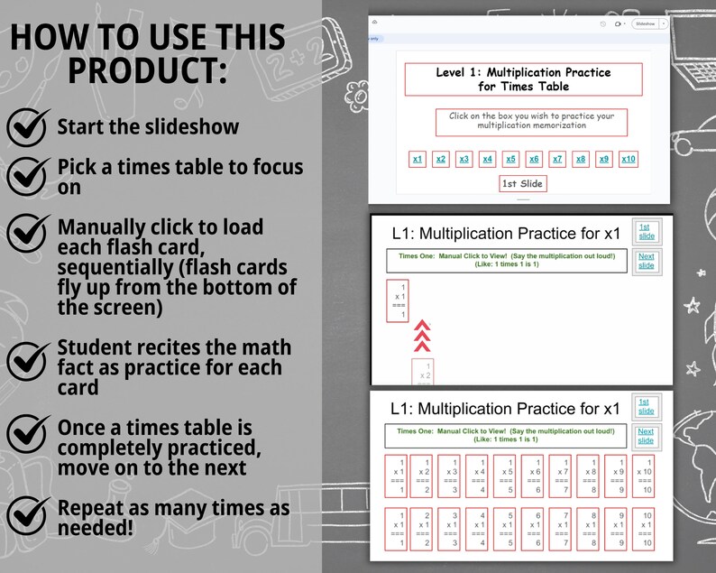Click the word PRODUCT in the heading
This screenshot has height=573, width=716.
point(148,70)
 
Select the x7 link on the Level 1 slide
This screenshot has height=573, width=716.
point(557,160)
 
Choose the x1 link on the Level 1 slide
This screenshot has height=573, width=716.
point(418,160)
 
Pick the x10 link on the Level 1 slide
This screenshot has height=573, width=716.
point(629,160)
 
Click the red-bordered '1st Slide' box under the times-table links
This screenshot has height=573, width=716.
point(523,184)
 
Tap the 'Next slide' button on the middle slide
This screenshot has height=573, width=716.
point(646,261)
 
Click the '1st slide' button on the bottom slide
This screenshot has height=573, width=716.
point(646,407)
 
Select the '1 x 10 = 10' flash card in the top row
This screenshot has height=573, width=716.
point(645,476)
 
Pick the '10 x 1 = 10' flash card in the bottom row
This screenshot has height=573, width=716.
point(645,529)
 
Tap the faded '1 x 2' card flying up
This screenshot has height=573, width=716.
point(425,372)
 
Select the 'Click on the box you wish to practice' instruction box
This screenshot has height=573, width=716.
point(531,121)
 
